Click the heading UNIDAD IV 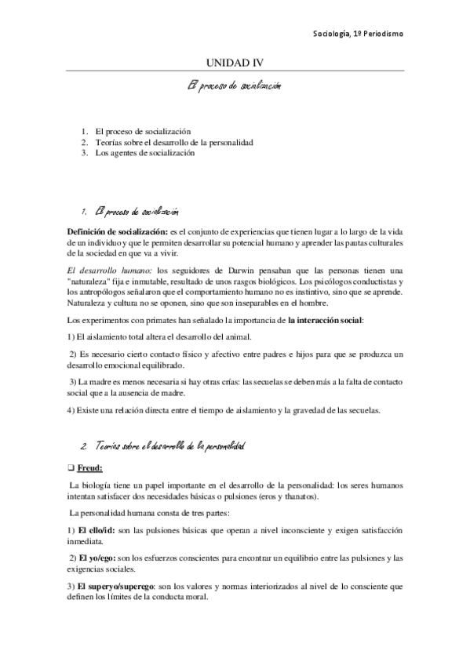pyautogui.click(x=235, y=62)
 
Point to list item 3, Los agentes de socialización pyautogui.click(x=144, y=153)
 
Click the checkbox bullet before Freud pyautogui.click(x=71, y=470)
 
